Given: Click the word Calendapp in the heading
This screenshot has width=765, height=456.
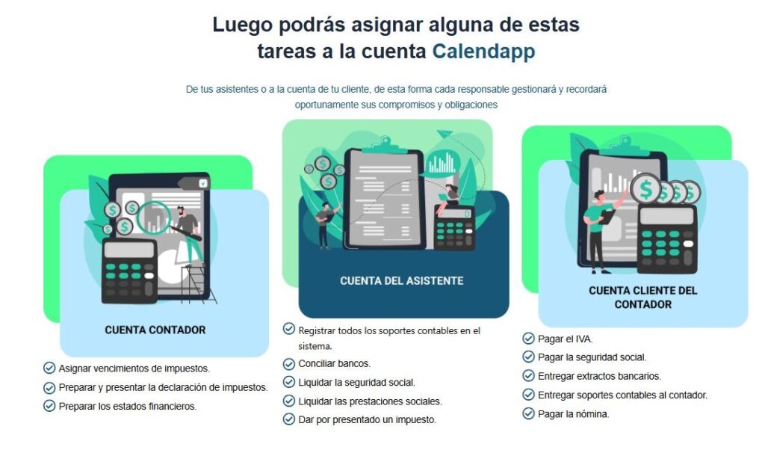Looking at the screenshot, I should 483,52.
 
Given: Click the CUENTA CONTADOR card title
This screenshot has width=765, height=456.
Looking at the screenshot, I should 155,330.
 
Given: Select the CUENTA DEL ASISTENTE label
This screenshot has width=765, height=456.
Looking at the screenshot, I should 401,281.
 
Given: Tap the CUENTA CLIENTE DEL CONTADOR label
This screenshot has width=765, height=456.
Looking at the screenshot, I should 642,297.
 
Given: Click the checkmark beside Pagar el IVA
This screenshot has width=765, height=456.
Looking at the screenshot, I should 528,339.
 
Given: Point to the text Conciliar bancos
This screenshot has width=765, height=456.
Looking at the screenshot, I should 334,364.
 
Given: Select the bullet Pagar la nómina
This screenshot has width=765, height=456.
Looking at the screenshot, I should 573,414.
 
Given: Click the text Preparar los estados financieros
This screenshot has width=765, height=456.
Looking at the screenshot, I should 127,407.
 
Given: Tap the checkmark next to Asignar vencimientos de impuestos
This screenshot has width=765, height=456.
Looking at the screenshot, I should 49,368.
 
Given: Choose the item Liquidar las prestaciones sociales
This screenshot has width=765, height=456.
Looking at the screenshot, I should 370,401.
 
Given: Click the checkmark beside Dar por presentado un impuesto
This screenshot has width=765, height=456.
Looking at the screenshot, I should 289,419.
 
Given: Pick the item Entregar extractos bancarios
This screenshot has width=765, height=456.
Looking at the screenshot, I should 599,377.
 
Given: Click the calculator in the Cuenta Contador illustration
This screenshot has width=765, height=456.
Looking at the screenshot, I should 128,270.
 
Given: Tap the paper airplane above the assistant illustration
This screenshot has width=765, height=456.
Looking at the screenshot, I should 446,135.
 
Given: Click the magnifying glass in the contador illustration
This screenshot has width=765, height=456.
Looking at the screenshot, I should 157,217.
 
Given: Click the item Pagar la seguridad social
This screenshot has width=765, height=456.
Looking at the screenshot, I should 592,358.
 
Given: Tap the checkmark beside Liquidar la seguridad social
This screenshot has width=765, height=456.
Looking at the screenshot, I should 289,382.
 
